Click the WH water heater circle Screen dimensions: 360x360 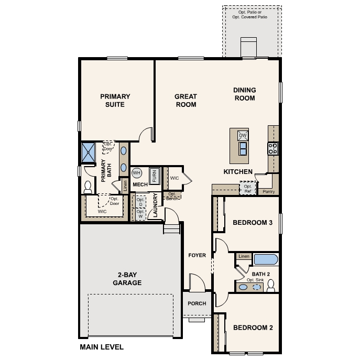pos(137,173)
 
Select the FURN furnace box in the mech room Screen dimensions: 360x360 pos(154,175)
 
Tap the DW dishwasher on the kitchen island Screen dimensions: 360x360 pos(242,136)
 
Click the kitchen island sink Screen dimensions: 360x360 pos(243,149)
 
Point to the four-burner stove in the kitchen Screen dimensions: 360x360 pos(273,148)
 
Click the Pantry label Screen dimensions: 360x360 pos(268,192)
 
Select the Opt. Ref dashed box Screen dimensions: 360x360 pos(248,188)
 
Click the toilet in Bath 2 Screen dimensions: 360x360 pos(271,286)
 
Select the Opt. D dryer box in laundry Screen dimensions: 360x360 pos(140,202)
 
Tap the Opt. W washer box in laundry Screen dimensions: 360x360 pos(140,214)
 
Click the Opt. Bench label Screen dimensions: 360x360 pos(172,197)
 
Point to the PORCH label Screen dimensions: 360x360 pos(197,303)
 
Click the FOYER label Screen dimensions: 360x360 pos(197,255)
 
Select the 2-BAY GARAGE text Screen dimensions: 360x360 pos(127,279)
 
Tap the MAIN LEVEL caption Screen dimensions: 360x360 pos(102,347)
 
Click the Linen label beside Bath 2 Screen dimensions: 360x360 pos(244,256)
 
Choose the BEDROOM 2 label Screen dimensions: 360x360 pos(253,328)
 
